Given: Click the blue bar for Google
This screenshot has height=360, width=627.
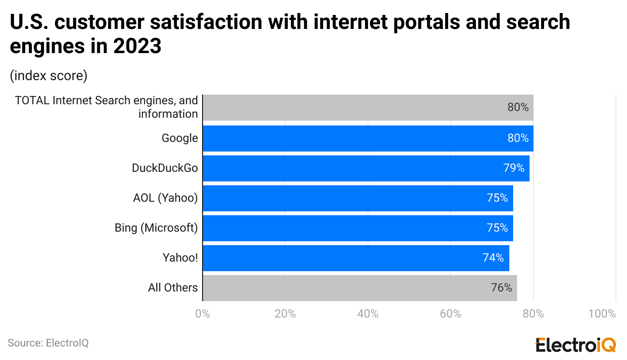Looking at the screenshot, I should (368, 138).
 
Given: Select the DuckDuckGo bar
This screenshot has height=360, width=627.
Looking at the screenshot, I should (366, 168).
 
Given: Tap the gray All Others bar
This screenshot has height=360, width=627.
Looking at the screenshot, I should (359, 288).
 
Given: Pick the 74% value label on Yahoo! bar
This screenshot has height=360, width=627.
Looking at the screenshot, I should (493, 258).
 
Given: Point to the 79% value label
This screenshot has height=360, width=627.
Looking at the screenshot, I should (514, 168).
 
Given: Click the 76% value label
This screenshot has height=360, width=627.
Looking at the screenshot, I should (501, 288).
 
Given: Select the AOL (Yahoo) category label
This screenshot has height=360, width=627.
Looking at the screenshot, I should (165, 198).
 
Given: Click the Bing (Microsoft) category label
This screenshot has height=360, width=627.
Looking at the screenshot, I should (156, 228).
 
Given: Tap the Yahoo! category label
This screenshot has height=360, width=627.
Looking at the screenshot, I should (180, 258).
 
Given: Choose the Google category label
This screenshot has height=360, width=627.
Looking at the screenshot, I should (179, 138).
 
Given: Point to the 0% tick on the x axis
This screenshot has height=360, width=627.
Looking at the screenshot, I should (203, 314).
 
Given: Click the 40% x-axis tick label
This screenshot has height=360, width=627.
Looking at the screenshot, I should (368, 314).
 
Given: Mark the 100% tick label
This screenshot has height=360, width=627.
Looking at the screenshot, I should (602, 314).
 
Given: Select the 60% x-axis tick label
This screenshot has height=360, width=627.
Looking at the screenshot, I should (450, 314).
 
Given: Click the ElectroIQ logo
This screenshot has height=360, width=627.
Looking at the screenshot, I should (576, 345).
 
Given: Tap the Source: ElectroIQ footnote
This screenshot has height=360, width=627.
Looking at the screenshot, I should (48, 343).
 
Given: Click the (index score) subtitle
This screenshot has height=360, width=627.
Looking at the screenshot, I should (48, 76).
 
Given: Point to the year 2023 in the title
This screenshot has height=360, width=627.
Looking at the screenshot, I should (137, 47).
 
